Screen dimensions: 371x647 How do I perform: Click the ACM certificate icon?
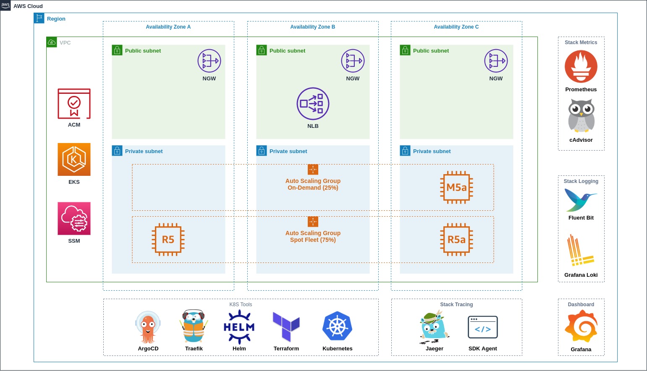pyautogui.click(x=74, y=103)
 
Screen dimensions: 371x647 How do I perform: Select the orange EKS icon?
pyautogui.click(x=74, y=159)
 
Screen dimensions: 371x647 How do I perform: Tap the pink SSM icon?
pyautogui.click(x=74, y=218)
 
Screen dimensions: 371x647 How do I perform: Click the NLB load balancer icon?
pyautogui.click(x=313, y=103)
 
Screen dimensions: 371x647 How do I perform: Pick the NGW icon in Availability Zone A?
pyautogui.click(x=209, y=61)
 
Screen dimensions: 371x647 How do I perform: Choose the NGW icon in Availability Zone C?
pyautogui.click(x=496, y=61)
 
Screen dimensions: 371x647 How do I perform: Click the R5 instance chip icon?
pyautogui.click(x=168, y=239)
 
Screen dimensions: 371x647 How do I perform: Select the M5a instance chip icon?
pyautogui.click(x=456, y=187)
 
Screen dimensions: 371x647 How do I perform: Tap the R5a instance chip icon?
pyautogui.click(x=456, y=239)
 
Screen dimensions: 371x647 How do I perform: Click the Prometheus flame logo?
pyautogui.click(x=581, y=66)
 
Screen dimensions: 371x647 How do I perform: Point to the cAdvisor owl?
pyautogui.click(x=581, y=116)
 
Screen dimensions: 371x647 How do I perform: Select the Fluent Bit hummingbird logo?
pyautogui.click(x=581, y=200)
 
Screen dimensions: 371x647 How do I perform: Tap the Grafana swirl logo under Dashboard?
pyautogui.click(x=581, y=326)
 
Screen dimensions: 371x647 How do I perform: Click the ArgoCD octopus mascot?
pyautogui.click(x=148, y=327)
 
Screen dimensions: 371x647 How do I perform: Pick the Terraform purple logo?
pyautogui.click(x=286, y=326)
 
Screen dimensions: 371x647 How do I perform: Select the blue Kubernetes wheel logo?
pyautogui.click(x=337, y=326)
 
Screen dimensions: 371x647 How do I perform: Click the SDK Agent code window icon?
pyautogui.click(x=482, y=327)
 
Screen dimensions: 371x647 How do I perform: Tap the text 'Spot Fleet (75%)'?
pyautogui.click(x=313, y=240)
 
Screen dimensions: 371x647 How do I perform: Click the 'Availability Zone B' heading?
pyautogui.click(x=313, y=27)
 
